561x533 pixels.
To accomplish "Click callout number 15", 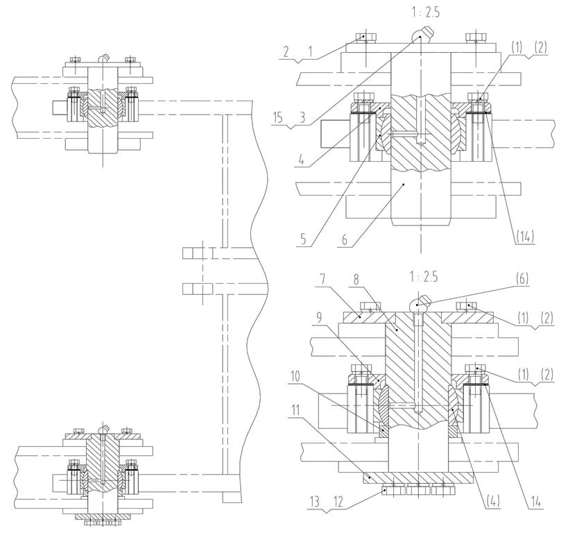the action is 277,117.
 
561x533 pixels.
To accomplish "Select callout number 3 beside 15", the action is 302,117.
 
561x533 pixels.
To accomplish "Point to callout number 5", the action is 304,239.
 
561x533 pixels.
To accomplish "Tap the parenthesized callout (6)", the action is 521,278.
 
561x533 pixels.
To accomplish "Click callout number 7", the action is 322,280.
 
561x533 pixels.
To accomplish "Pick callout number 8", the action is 356,280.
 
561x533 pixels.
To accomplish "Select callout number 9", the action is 319,317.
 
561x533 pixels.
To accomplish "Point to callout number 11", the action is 295,410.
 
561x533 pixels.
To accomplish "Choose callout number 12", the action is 338,502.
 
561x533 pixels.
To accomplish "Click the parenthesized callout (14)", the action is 525,237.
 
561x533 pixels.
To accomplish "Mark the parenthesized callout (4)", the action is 492,500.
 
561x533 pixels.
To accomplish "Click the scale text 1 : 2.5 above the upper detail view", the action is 425,13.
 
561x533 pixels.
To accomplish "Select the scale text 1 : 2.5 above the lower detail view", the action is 424,277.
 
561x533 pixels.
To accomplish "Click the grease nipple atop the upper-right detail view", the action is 422,34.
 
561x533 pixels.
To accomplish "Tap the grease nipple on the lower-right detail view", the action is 420,303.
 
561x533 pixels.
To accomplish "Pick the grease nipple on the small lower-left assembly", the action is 103,429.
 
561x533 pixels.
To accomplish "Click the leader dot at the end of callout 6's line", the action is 404,184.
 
